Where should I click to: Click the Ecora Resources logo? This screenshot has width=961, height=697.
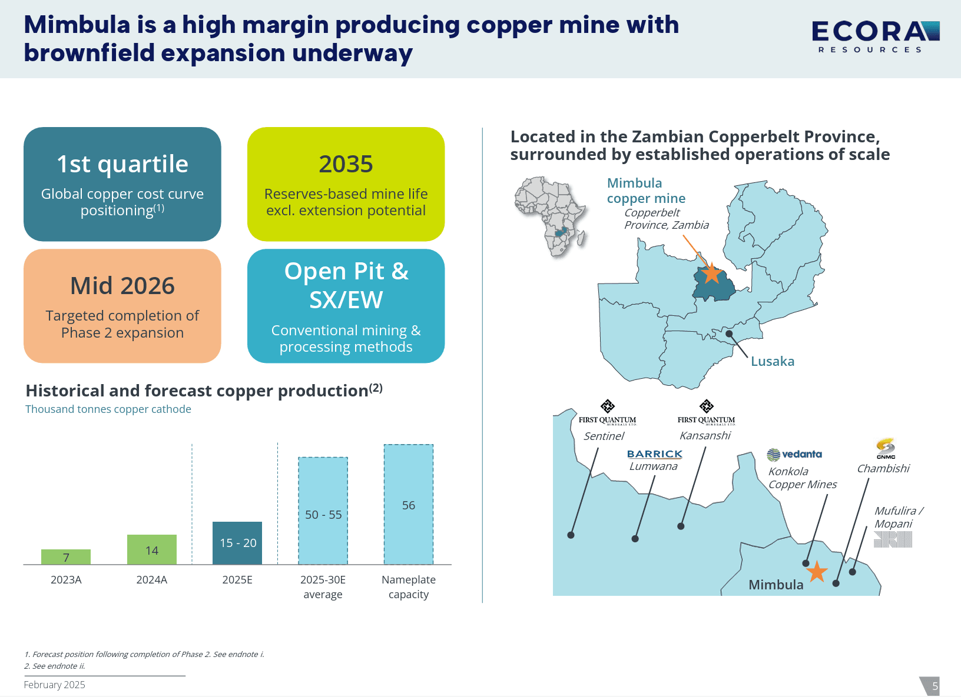[x=876, y=37]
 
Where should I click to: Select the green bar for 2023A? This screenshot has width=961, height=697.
[x=66, y=557]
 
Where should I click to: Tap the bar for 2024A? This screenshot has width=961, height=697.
[x=152, y=549]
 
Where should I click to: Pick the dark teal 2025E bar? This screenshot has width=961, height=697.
[x=237, y=543]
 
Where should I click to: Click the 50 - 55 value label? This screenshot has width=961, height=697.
[x=323, y=515]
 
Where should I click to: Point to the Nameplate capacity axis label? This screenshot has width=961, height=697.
[x=409, y=587]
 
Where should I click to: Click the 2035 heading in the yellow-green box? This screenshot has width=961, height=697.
[x=346, y=164]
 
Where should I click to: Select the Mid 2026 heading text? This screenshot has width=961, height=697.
[x=122, y=285]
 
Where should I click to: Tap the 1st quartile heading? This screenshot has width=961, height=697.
[x=122, y=164]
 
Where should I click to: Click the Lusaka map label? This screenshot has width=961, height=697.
[x=772, y=361]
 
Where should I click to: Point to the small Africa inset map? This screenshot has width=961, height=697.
[x=551, y=216]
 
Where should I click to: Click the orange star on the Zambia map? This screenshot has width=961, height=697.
[x=711, y=273]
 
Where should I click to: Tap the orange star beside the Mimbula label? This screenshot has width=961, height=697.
[x=816, y=571]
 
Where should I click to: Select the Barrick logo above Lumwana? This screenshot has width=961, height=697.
[x=654, y=454]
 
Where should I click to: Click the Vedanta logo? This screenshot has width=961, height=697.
[x=794, y=455]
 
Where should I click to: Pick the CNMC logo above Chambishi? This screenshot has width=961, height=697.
[x=886, y=449]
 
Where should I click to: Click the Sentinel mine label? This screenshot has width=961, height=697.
[x=603, y=436]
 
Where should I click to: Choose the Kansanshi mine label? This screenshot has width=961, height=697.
[x=704, y=435]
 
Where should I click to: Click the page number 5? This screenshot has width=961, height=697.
[x=935, y=686]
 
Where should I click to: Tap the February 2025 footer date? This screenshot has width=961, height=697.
[x=55, y=685]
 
